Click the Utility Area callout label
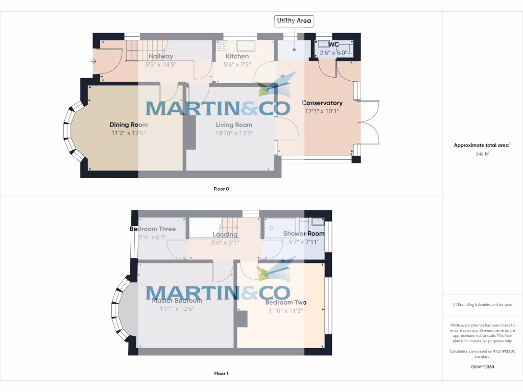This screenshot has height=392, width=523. tap(294, 21)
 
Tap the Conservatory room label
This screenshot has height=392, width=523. tap(322, 103)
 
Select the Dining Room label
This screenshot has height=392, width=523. tap(129, 125)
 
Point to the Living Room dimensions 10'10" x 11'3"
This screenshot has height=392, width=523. tap(234, 133)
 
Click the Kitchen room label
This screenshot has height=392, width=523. tap(237, 56)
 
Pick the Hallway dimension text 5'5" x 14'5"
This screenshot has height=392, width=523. tap(160, 65)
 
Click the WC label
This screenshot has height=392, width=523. tap(334, 45)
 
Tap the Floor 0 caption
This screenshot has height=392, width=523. tap(221, 189)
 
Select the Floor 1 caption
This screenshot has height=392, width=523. tap(221, 374)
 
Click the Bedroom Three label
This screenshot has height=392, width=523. tap(153, 229)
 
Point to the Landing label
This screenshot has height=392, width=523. tap(225, 235)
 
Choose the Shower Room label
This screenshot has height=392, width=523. tap(304, 234)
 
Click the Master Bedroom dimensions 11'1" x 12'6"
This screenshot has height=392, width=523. tap(177, 308)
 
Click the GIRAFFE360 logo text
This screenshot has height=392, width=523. tap(482, 366)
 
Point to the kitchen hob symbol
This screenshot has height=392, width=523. tap(222, 45)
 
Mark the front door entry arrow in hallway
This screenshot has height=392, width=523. tap(93, 62)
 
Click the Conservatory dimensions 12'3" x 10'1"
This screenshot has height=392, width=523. tap(322, 111)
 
